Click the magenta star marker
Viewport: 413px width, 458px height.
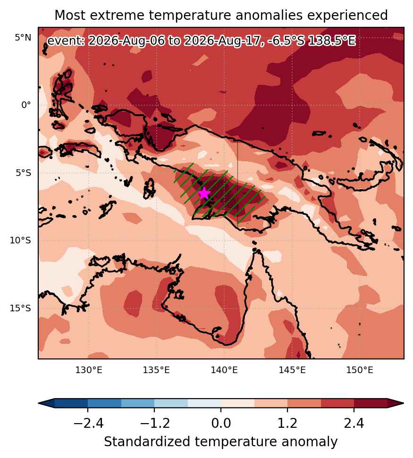[204, 193]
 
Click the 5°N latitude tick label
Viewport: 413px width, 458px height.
[23, 38]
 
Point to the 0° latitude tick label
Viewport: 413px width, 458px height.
[26, 105]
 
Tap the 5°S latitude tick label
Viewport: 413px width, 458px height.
[23, 173]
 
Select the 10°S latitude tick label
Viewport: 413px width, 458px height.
[20, 241]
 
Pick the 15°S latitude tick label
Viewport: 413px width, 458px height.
[20, 308]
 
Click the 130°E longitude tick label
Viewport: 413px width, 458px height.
[89, 370]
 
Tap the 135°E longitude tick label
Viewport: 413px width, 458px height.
[156, 370]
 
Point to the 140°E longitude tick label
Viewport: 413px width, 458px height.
[224, 370]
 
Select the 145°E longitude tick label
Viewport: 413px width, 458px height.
[292, 370]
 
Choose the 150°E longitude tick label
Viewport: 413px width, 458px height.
[360, 370]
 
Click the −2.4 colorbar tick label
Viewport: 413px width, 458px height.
[88, 423]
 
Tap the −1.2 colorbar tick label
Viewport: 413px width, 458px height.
[154, 423]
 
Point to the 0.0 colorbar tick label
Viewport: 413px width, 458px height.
[221, 423]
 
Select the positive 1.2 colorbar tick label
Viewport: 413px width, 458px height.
[287, 423]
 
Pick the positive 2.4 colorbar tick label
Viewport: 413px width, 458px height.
[354, 423]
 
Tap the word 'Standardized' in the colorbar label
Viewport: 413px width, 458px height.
[147, 441]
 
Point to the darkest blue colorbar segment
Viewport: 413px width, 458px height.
[71, 403]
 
